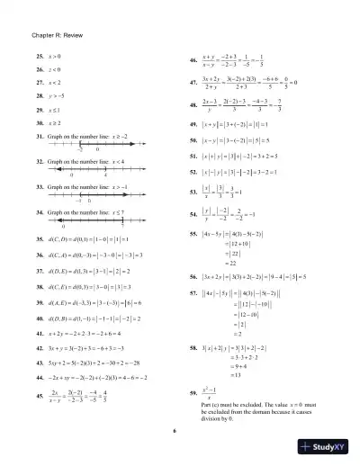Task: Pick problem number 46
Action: click(193, 61)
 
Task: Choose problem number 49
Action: click(193, 124)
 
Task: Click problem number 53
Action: click(193, 191)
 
